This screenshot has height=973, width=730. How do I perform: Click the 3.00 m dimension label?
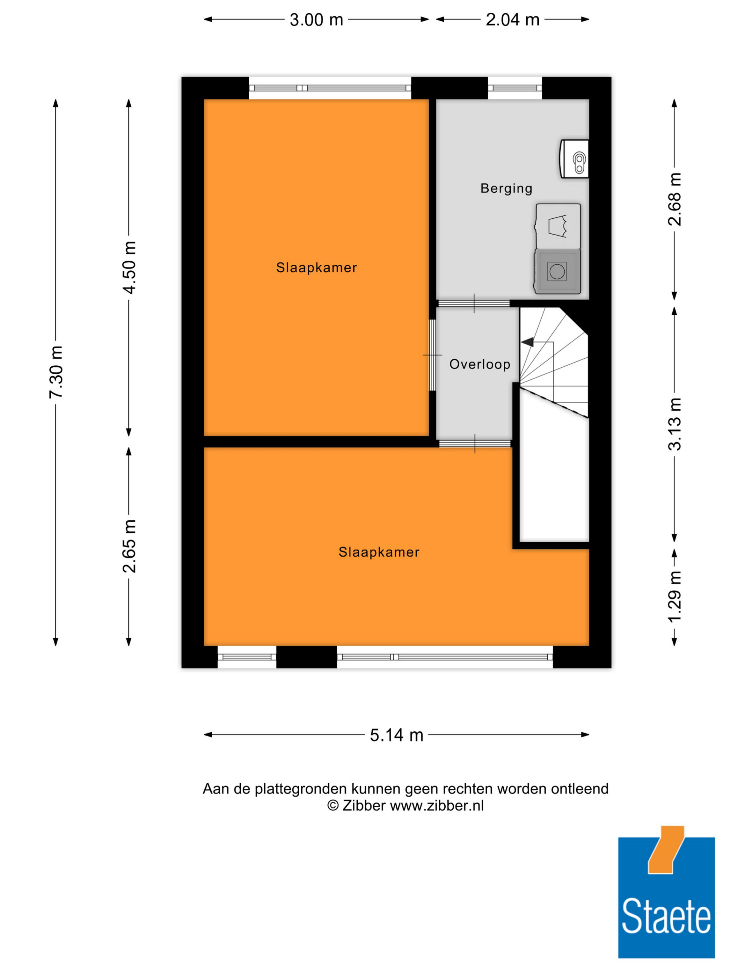[316, 20]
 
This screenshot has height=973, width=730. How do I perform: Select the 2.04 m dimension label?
[512, 20]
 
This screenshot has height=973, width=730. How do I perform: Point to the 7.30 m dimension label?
[56, 372]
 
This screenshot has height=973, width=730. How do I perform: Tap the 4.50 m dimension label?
[129, 267]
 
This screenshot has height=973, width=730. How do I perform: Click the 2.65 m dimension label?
[129, 546]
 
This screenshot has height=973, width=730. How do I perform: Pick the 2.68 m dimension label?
[674, 199]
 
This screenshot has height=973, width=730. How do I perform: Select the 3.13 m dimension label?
[674, 424]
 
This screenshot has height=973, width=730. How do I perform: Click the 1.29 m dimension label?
[674, 596]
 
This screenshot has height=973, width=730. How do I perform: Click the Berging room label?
[506, 188]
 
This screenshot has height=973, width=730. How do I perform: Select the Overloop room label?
[480, 364]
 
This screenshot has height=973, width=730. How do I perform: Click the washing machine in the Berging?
[557, 271]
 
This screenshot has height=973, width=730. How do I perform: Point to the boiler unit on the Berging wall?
[574, 159]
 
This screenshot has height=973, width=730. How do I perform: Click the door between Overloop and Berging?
[474, 304]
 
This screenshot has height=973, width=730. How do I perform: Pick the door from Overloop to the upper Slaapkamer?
[433, 355]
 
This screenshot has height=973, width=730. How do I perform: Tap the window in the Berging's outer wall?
[514, 88]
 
